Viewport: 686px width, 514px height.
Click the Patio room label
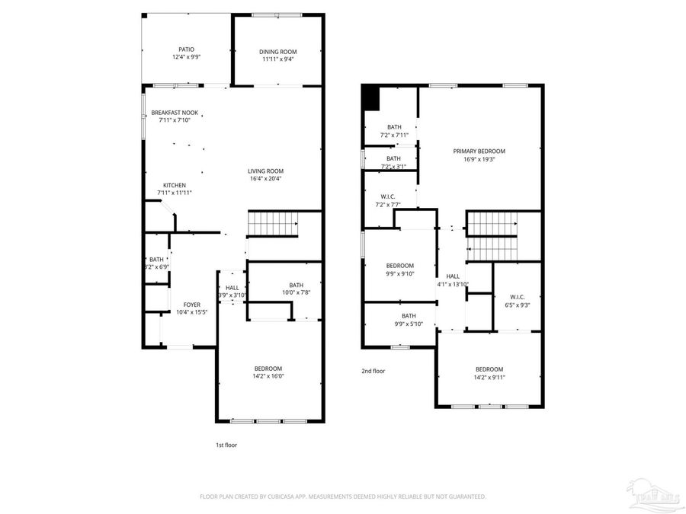point(186,49)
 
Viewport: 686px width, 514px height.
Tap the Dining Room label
point(277,52)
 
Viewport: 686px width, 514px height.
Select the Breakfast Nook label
point(174,113)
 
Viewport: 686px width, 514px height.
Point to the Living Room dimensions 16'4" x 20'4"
point(265,179)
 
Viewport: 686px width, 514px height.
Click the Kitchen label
point(174,185)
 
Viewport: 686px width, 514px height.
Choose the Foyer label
point(191,305)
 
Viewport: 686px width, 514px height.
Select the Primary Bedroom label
point(479,151)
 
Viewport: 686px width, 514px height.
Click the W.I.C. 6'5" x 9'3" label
point(512,297)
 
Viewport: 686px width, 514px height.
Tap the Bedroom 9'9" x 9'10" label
point(399,266)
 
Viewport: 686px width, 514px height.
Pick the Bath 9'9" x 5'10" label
point(409,316)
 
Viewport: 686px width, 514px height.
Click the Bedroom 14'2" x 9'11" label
point(489,369)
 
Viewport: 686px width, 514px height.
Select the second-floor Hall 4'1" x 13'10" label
point(453,276)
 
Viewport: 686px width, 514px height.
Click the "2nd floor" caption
point(373,371)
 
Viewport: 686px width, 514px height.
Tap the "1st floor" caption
point(226,445)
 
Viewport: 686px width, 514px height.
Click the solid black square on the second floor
point(371,98)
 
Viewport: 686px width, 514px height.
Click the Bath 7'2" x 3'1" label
point(393,158)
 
